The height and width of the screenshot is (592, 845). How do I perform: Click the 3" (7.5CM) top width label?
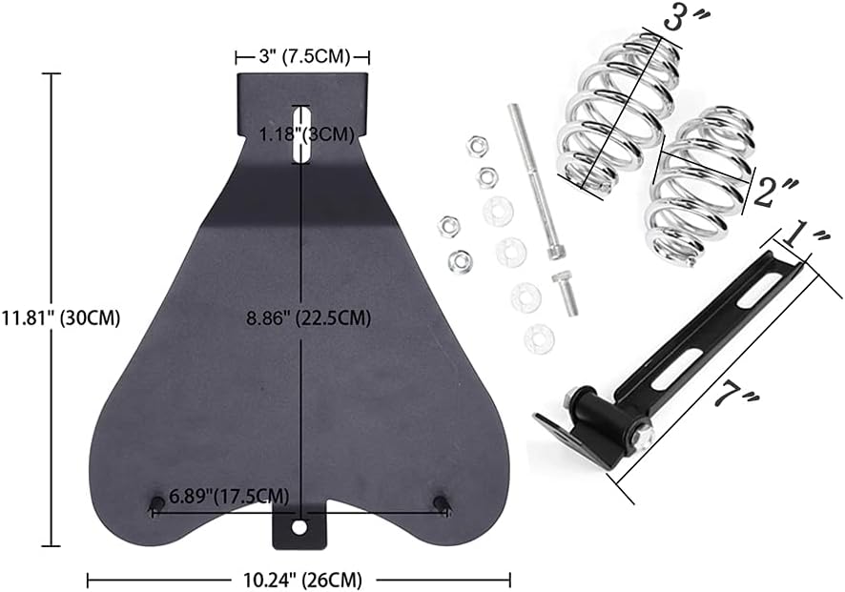(x=304, y=56)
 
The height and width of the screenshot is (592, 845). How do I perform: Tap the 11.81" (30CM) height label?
(x=60, y=317)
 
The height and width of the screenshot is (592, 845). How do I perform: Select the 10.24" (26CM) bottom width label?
(x=300, y=580)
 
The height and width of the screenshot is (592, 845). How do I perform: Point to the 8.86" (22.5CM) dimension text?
(x=309, y=318)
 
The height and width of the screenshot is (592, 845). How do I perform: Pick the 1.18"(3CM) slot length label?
(x=307, y=134)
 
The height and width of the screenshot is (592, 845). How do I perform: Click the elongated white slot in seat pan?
(x=301, y=133)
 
